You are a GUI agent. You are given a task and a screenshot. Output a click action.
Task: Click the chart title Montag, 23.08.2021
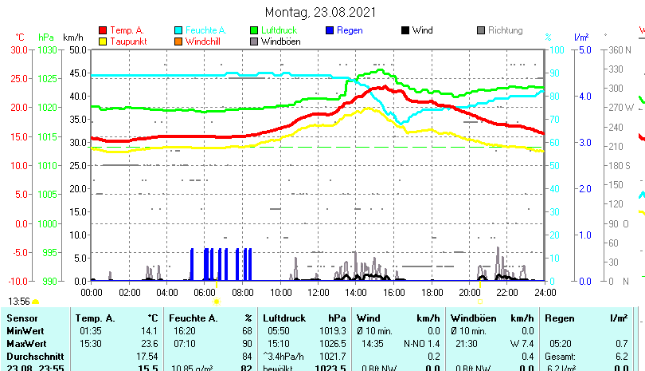click(x=322, y=12)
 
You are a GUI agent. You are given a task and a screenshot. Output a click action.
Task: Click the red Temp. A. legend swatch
click(x=103, y=30)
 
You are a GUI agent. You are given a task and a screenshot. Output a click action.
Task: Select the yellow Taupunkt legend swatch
click(x=103, y=41)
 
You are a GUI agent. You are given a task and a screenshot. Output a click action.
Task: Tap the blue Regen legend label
click(x=350, y=30)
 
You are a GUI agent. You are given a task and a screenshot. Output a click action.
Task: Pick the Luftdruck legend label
click(x=279, y=30)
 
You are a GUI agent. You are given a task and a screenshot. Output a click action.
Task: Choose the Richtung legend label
click(x=505, y=30)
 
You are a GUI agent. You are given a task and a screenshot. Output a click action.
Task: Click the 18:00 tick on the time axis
click(x=432, y=293)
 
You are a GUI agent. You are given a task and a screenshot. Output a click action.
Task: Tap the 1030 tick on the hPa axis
click(x=48, y=49)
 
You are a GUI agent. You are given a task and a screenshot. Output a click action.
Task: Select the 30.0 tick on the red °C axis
click(x=19, y=49)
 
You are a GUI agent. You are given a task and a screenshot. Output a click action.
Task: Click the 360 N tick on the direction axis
click(x=619, y=49)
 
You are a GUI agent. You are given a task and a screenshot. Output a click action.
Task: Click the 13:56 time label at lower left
click(x=19, y=301)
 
